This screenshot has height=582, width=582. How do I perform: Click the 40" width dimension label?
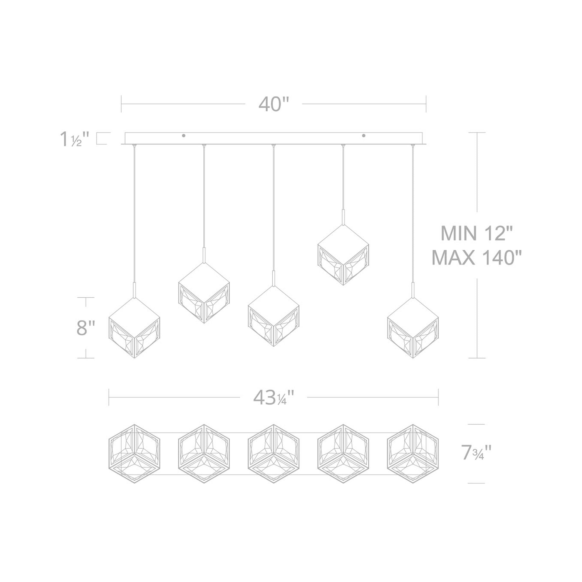coord(274,104)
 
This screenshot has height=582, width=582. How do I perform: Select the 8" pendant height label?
coord(86,328)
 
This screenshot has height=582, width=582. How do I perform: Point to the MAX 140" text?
coord(477,258)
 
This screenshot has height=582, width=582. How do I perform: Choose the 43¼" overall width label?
coord(274,398)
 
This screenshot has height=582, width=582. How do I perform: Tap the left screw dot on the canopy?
coord(184,136)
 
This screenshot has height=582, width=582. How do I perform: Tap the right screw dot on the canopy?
coord(364,136)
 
